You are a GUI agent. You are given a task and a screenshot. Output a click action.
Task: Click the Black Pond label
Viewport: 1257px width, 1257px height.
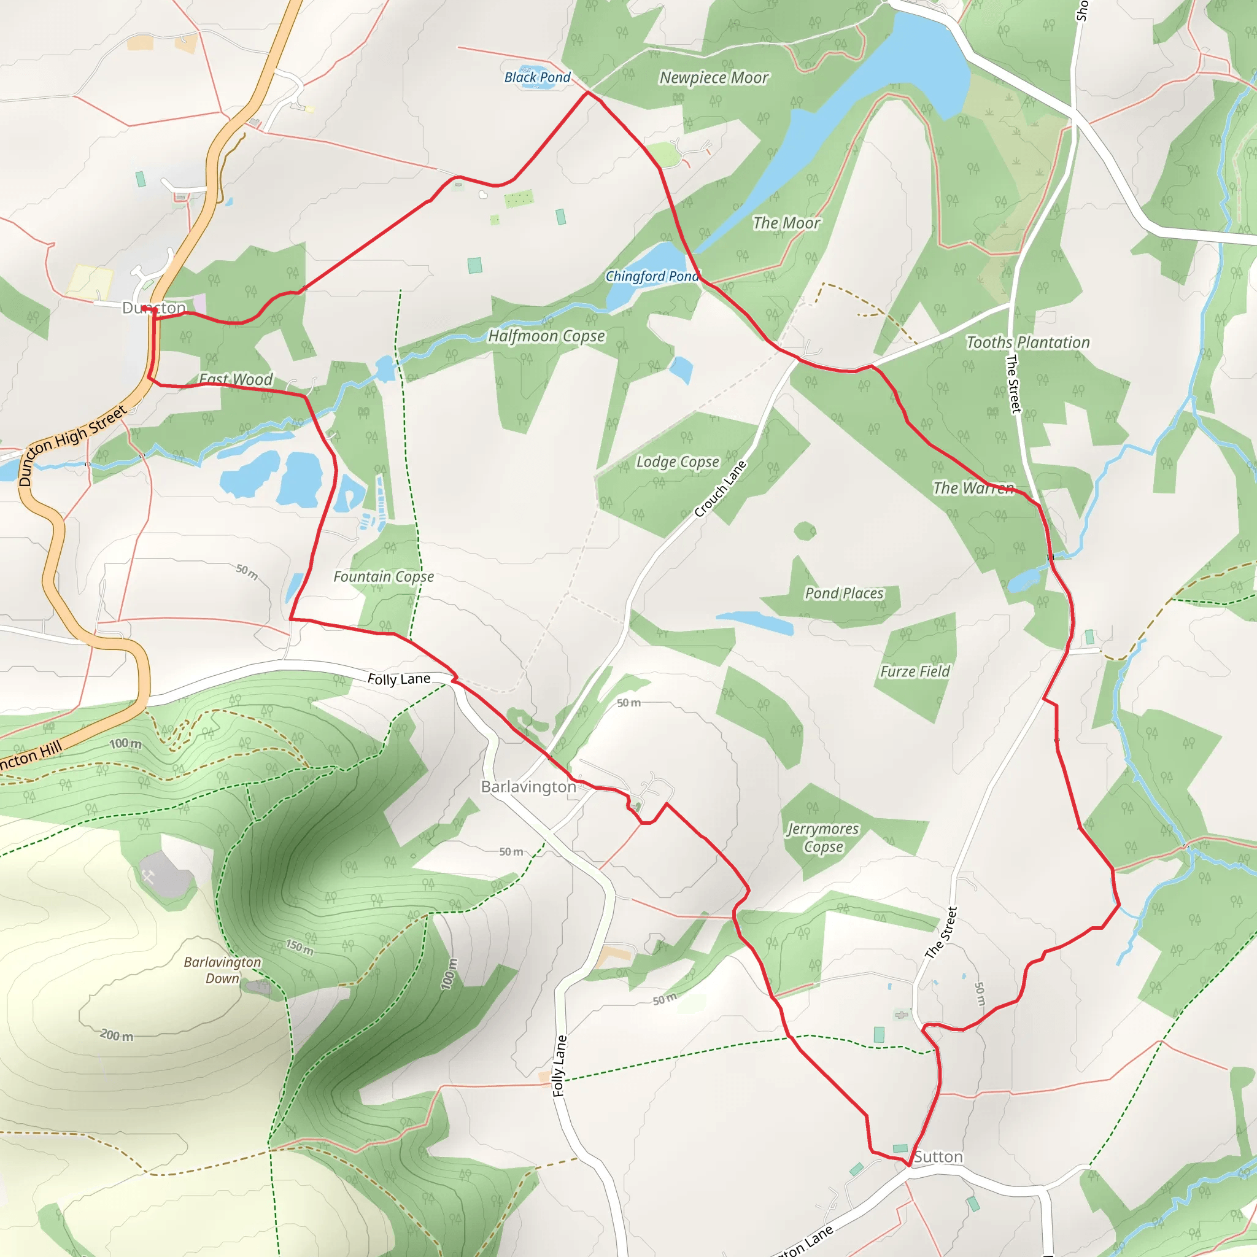pyautogui.click(x=538, y=77)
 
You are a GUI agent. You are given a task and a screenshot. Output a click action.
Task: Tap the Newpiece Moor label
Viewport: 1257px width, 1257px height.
pyautogui.click(x=714, y=78)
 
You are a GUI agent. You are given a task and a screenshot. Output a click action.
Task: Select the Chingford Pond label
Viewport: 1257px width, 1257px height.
pyautogui.click(x=652, y=277)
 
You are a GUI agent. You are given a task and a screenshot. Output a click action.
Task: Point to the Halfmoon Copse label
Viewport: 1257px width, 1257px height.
pyautogui.click(x=546, y=336)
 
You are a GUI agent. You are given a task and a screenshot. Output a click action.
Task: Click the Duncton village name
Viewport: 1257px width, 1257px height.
pyautogui.click(x=154, y=307)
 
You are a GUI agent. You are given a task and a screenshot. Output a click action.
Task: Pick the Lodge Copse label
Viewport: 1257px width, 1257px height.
pyautogui.click(x=678, y=462)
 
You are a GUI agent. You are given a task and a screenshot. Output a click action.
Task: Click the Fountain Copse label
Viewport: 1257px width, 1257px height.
pyautogui.click(x=383, y=576)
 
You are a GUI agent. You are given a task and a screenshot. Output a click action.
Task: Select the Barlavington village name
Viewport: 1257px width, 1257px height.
pyautogui.click(x=528, y=787)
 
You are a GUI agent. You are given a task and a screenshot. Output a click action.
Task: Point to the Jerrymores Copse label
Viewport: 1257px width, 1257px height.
pyautogui.click(x=823, y=837)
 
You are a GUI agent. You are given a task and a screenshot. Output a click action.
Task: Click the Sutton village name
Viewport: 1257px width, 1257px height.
pyautogui.click(x=938, y=1156)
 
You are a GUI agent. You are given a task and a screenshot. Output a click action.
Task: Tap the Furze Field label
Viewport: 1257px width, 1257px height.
pyautogui.click(x=915, y=671)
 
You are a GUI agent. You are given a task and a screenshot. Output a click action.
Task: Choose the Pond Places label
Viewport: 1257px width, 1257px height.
pyautogui.click(x=844, y=594)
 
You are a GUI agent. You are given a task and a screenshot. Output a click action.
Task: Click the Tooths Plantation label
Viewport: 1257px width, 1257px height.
pyautogui.click(x=1027, y=343)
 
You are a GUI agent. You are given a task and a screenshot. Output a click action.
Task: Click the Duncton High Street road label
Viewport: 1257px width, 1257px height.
pyautogui.click(x=72, y=444)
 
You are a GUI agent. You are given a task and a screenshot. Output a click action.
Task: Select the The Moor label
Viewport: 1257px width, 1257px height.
pyautogui.click(x=786, y=223)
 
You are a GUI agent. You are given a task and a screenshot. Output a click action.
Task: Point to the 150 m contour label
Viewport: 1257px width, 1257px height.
pyautogui.click(x=300, y=946)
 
